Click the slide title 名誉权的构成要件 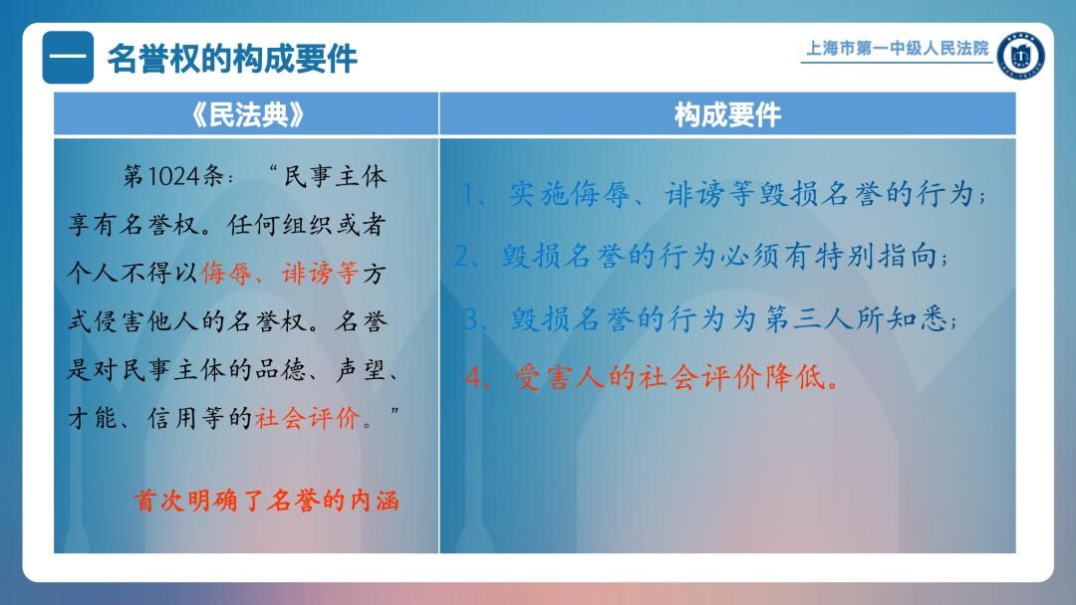[x=232, y=59]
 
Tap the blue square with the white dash [x=68, y=58]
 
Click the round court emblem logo [x=1020, y=55]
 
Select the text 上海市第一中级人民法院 [x=897, y=48]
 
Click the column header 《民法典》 [x=246, y=114]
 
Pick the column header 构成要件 [x=727, y=114]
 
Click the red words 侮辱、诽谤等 [x=279, y=274]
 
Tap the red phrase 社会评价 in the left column [x=308, y=418]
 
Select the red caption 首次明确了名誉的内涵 [x=266, y=501]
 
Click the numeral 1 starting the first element [x=469, y=195]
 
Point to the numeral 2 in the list [x=461, y=257]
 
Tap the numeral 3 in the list [x=470, y=318]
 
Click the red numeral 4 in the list [x=473, y=377]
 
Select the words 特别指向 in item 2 [x=876, y=257]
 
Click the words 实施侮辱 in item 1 [x=570, y=195]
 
